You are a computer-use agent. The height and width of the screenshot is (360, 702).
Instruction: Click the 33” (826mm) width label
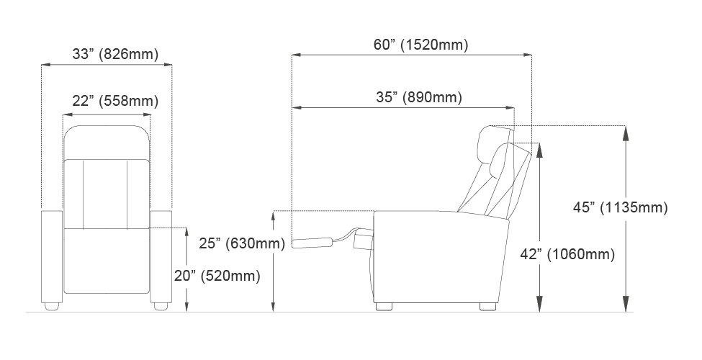(x=115, y=54)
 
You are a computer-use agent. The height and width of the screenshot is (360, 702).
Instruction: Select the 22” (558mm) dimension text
(x=115, y=102)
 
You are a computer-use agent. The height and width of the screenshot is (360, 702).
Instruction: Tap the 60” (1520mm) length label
(x=421, y=45)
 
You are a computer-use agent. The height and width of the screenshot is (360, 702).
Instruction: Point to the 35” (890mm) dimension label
(x=418, y=97)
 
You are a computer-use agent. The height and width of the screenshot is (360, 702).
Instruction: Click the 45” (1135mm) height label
(x=620, y=207)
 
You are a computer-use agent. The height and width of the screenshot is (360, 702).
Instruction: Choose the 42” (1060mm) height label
(x=567, y=254)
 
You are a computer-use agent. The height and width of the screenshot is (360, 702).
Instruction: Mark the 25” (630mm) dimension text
(x=242, y=243)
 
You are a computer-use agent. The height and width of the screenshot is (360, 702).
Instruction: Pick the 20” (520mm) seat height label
(x=217, y=276)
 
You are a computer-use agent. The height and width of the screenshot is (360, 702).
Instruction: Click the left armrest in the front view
(x=52, y=256)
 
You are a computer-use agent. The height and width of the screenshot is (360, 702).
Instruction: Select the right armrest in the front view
(x=161, y=256)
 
